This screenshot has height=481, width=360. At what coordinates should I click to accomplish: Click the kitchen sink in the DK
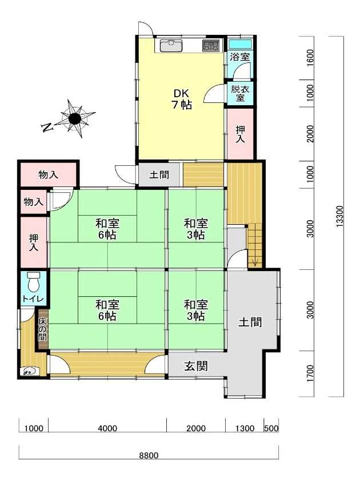pos(171,46)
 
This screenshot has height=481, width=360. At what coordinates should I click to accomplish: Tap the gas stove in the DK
pos(211,46)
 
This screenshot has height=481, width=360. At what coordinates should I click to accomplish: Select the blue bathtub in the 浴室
pos(240,44)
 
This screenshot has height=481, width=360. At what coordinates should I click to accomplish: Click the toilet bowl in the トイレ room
pos(33,281)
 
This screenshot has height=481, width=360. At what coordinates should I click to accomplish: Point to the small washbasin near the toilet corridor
pos(30,372)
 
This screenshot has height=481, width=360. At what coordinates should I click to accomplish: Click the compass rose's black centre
pos(74,118)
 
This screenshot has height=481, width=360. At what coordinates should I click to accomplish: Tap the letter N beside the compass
pos(46,127)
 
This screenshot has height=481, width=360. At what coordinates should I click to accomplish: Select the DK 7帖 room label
pos(182,99)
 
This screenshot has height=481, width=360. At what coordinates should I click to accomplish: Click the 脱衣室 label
pos(240,93)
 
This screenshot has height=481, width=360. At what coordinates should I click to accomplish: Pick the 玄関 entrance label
pos(196,366)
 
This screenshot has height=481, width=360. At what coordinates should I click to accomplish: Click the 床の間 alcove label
pos(43,329)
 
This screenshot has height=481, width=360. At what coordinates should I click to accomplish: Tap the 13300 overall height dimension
pos(340,216)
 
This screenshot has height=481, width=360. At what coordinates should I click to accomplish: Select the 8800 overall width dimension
pos(149,455)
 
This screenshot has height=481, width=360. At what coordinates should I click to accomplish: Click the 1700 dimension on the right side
pos(310,373)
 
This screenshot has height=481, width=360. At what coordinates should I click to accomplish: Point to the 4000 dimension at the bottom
pos(107,428)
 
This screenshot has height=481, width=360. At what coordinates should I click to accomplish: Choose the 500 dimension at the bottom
pos(271,428)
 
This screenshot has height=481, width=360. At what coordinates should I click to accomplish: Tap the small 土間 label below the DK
pos(159,175)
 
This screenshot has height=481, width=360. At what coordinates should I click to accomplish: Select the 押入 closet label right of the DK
pos(240,134)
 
